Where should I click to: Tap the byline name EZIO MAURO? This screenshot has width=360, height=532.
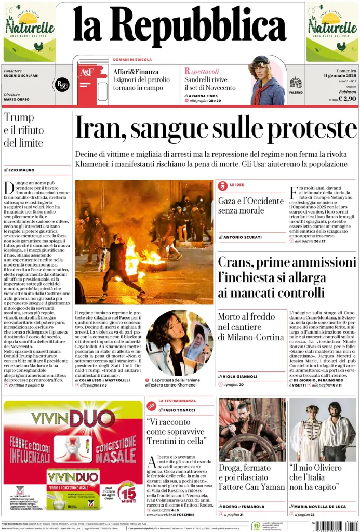tap(21, 170)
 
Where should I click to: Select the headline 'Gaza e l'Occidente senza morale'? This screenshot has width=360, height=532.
tap(250, 206)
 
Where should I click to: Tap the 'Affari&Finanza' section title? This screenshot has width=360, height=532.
tap(136, 72)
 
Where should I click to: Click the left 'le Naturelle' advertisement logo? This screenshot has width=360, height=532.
tap(30, 31)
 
